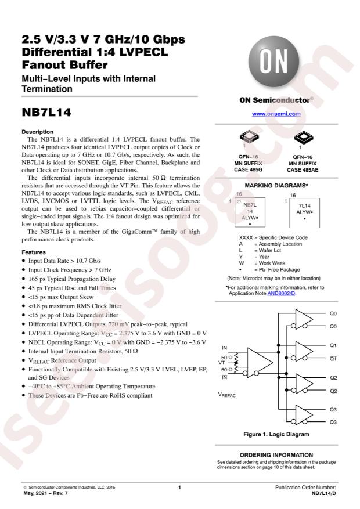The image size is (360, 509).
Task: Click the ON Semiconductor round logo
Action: tap(273, 62)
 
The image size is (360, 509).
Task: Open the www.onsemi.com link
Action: tap(276, 114)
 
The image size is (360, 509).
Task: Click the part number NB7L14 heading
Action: tap(46, 113)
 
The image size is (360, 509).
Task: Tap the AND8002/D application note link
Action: tap(282, 294)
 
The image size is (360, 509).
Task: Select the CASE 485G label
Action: tap(248, 169)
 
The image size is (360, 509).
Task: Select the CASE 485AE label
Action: tap(303, 170)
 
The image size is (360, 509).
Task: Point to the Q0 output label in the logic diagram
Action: tap(333, 313)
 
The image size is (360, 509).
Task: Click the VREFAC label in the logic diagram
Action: tap(227, 395)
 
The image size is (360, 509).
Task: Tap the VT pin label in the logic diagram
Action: tap(221, 363)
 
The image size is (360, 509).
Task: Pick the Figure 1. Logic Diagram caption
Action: tap(276, 434)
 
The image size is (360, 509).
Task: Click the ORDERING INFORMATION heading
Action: tap(276, 455)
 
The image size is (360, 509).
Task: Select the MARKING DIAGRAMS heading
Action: tap(276, 186)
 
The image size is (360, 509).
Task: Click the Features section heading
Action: tap(34, 252)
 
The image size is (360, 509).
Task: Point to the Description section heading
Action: tap(38, 132)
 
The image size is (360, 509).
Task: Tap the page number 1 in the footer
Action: tap(179, 488)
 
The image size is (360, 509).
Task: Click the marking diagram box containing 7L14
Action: tap(304, 212)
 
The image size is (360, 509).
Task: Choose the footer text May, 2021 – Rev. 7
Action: tap(45, 493)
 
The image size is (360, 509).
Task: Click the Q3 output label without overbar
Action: tap(333, 409)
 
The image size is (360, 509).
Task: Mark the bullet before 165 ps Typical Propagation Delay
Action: tap(24, 279)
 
